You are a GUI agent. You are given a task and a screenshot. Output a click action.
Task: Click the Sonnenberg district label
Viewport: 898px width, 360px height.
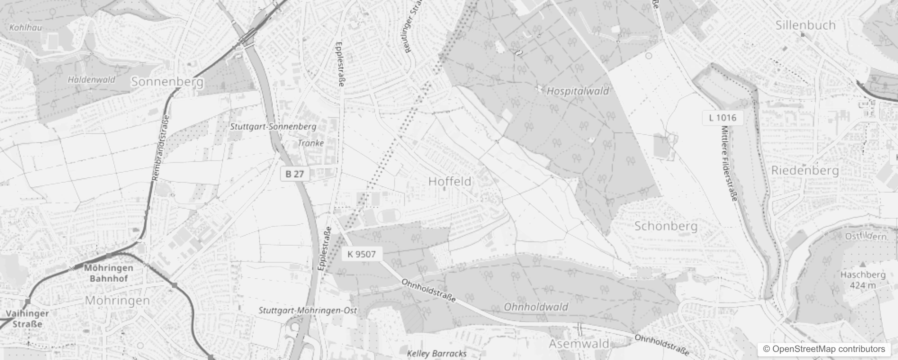point(167,82)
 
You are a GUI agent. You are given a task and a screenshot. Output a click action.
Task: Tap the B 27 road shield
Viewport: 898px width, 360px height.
point(295,174)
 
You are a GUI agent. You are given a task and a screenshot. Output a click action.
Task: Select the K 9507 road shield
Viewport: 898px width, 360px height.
point(361,254)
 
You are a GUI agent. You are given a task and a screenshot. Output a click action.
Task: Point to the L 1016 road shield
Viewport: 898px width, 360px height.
point(723,118)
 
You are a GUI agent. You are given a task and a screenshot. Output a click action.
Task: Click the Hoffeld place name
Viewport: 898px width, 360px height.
point(450,181)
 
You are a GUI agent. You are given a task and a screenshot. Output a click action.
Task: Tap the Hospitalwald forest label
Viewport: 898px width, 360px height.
point(578,91)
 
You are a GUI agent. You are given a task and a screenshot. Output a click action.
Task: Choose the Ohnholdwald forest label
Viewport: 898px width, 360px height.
point(536,307)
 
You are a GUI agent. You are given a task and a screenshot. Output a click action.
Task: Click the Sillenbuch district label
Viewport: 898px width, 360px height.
point(805,25)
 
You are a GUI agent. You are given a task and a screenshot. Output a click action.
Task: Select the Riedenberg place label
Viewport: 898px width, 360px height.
point(805,171)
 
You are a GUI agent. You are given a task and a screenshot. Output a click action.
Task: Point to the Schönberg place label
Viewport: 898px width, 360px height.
point(666,226)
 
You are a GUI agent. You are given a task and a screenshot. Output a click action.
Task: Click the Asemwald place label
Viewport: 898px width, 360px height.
point(579,344)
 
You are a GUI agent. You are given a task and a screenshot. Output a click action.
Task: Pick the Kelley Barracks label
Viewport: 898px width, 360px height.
point(436,353)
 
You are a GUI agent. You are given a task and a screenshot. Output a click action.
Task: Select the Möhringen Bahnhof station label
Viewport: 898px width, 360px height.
point(108,273)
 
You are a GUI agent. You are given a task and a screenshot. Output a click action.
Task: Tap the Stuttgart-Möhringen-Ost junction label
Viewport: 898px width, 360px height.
point(308,310)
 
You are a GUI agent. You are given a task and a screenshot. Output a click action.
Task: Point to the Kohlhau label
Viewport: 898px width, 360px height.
point(26,27)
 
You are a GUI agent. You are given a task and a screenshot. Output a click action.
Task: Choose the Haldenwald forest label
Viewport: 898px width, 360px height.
point(91,80)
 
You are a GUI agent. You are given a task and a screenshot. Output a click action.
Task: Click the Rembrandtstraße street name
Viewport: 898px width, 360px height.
point(161,148)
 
